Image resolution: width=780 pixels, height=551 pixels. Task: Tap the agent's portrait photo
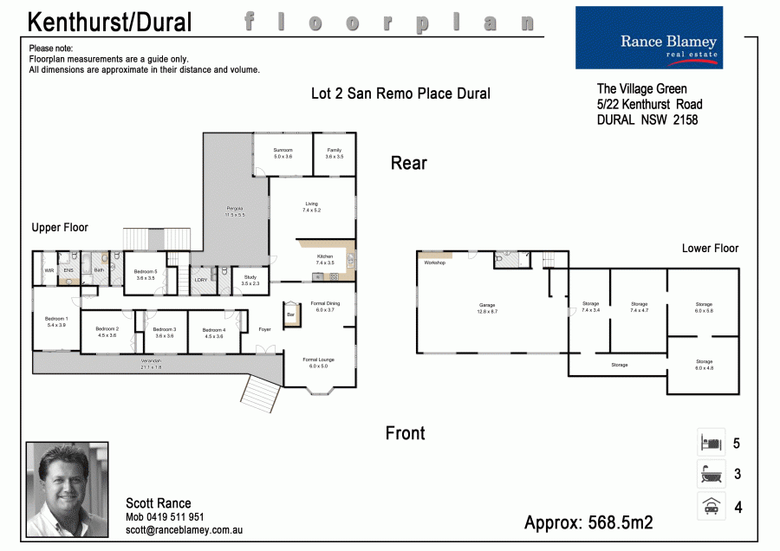(68, 489)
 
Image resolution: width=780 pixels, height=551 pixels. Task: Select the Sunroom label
(283, 153)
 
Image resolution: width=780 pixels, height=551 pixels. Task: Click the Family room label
(335, 153)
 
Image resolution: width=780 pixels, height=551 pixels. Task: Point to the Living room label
(312, 207)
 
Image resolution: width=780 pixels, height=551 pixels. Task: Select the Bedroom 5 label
(146, 275)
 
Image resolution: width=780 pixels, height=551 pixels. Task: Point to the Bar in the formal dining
(290, 314)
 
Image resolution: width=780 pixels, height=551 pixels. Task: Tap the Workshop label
(434, 263)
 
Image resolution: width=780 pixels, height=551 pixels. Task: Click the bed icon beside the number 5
(712, 444)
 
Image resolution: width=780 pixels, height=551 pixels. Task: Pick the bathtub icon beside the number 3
(712, 474)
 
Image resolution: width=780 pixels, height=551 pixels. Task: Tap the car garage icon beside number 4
(712, 505)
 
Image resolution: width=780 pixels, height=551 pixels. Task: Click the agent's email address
(184, 529)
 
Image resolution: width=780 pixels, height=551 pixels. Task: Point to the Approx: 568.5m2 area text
(588, 522)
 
